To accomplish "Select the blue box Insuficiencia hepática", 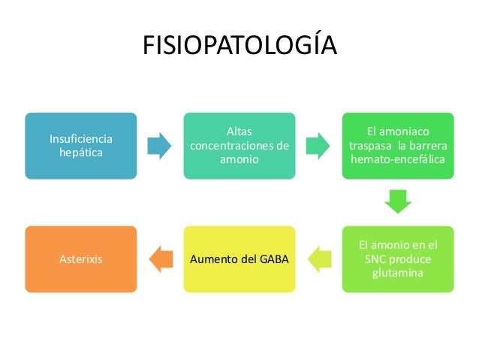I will point(81,146).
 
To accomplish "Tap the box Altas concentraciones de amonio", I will point(239,146).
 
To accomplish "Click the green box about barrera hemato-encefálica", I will point(398,146).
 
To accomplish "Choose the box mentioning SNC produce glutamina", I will point(398,259).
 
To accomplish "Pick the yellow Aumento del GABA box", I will point(239,259).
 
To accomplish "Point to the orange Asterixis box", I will point(81,259).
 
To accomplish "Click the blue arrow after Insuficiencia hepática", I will point(160,146).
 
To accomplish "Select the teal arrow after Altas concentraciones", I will point(318,146).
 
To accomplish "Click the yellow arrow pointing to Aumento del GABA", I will point(319,259).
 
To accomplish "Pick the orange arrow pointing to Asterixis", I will point(160,259).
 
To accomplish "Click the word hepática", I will point(81,153).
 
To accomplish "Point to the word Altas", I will point(239,132).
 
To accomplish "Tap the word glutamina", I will point(398,272).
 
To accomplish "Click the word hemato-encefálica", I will point(398,159).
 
